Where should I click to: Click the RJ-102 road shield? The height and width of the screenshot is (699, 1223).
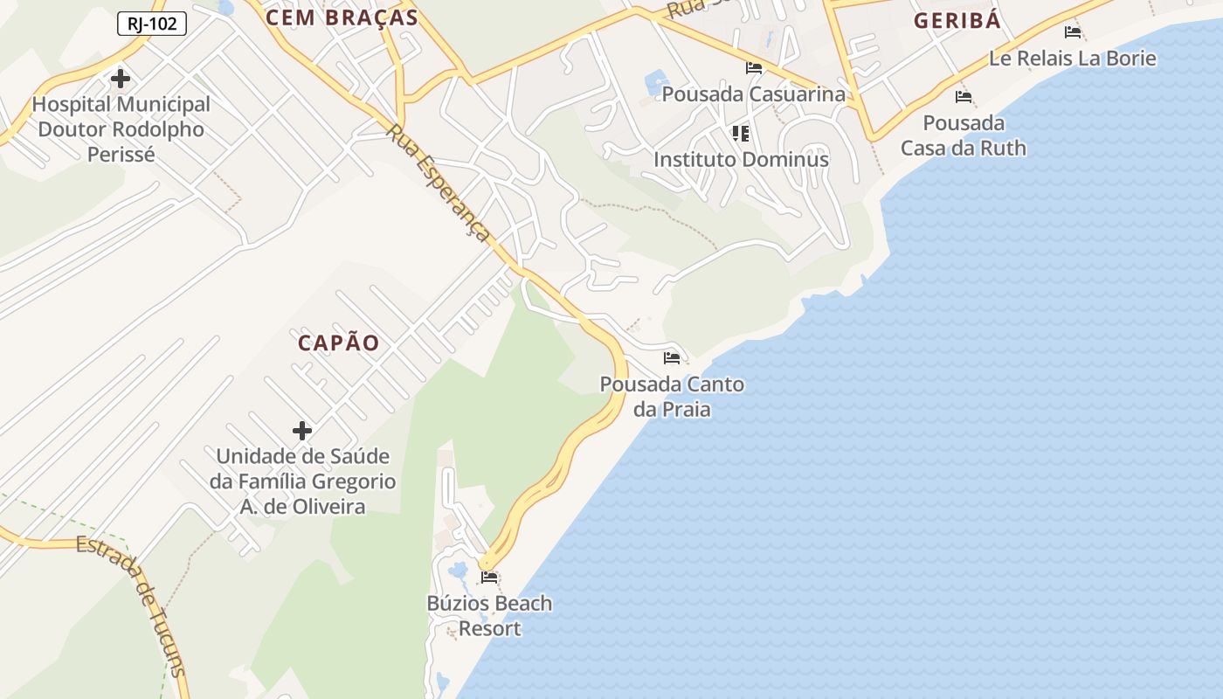(x=151, y=24)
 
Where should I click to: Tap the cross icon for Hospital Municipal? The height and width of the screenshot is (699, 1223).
(x=121, y=79)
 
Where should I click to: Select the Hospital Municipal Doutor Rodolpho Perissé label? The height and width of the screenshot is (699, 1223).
(x=121, y=129)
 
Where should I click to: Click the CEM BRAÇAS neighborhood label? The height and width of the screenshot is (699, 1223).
(x=342, y=17)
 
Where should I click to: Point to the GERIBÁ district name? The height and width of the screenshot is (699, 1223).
(x=957, y=21)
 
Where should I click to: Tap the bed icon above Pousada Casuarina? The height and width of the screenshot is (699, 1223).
(x=754, y=68)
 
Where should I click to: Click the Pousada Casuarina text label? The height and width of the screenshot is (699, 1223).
(x=754, y=93)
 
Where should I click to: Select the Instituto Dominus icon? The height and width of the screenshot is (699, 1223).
(x=741, y=134)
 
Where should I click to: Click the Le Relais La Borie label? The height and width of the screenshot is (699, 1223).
(x=1073, y=59)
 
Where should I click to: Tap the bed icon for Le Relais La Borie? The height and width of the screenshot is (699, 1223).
(x=1073, y=32)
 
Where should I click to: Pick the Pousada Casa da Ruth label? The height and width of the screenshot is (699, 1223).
(x=964, y=135)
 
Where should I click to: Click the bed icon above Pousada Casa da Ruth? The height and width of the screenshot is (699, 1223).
(x=964, y=97)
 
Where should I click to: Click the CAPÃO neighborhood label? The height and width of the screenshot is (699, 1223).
(x=339, y=343)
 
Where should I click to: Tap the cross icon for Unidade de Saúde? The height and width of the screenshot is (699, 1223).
(x=302, y=431)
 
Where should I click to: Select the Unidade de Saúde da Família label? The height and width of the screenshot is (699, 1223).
(x=302, y=481)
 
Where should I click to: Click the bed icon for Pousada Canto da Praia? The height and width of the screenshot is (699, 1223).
(x=672, y=358)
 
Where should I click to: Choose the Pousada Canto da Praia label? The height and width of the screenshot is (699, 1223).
(x=672, y=397)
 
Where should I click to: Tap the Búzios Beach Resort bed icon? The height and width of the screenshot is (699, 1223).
(x=489, y=578)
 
